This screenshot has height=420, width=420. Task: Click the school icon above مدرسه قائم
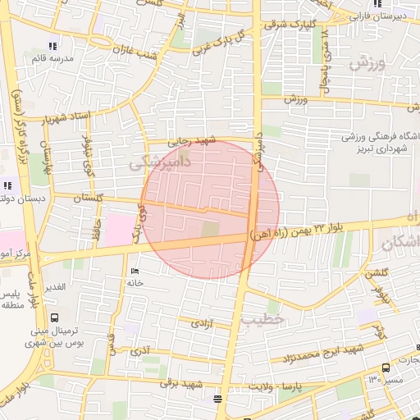click(x=52, y=46)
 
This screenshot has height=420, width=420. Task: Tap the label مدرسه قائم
click(x=52, y=59)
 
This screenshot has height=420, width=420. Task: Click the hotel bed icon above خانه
click(x=135, y=272)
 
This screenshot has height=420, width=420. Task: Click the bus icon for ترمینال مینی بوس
click(x=55, y=317)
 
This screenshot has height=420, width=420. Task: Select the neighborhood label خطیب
click(x=267, y=317)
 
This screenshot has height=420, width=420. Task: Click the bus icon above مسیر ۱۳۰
click(x=386, y=368)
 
